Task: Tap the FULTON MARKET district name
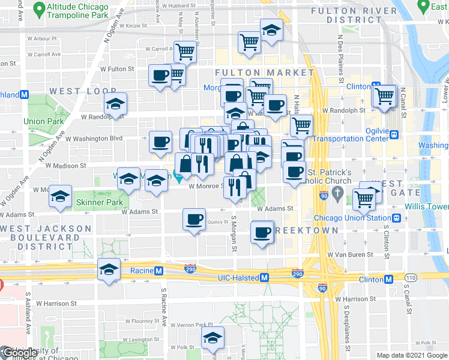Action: point(264,73)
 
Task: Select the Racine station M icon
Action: point(158,271)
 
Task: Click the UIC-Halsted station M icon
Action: point(264,277)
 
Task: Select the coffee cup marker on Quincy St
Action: point(194,220)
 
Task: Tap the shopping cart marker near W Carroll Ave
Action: point(186,52)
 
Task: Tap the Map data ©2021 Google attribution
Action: point(411,355)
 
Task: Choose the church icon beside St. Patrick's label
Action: point(338,194)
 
